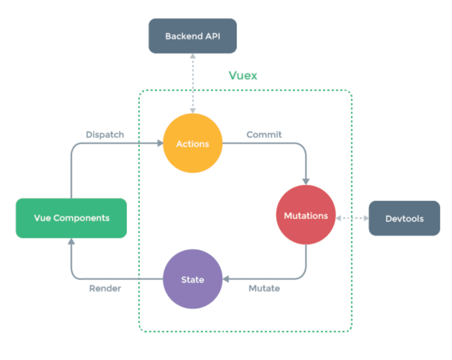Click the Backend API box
point(192,36)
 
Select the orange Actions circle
point(192,143)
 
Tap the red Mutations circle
point(305,215)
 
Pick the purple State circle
point(192,279)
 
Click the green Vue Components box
point(71,218)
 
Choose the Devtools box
point(404,218)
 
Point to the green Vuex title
point(243,76)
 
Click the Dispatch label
point(105,134)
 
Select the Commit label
point(264,134)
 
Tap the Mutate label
point(264,288)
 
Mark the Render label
point(105,288)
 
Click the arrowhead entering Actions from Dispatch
point(160,143)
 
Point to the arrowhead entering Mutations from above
point(306,181)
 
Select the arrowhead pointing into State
point(226,279)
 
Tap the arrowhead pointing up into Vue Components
point(71,242)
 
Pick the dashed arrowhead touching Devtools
point(366,218)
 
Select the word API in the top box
point(213,36)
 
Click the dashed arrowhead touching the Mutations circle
point(339,218)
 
